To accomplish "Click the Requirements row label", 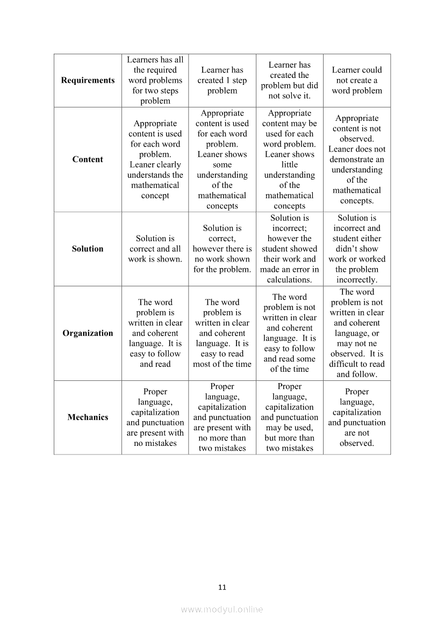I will pyautogui.click(x=88, y=80).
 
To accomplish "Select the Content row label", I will pyautogui.click(x=88, y=159).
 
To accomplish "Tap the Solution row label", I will pyautogui.click(x=88, y=249).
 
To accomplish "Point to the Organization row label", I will pyautogui.click(x=88, y=333).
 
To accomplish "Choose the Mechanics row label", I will pyautogui.click(x=88, y=417).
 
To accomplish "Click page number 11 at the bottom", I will pyautogui.click(x=222, y=587).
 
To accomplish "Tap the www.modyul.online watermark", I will pyautogui.click(x=222, y=609).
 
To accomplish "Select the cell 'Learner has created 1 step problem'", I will pyautogui.click(x=222, y=80).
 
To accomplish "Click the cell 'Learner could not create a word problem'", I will pyautogui.click(x=357, y=80).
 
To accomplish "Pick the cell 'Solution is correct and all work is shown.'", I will pyautogui.click(x=155, y=249).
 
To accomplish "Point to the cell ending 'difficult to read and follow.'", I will pyautogui.click(x=357, y=333).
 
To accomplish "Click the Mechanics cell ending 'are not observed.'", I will pyautogui.click(x=357, y=417).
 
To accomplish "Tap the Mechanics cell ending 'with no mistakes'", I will pyautogui.click(x=155, y=417).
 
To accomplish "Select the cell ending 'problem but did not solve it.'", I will pyautogui.click(x=289, y=80).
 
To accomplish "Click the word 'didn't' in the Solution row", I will pyautogui.click(x=357, y=249).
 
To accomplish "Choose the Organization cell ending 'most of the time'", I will pyautogui.click(x=222, y=333).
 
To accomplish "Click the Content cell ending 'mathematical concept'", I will pyautogui.click(x=155, y=159).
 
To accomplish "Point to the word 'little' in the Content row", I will pyautogui.click(x=289, y=164).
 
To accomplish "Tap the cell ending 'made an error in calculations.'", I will pyautogui.click(x=289, y=249).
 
